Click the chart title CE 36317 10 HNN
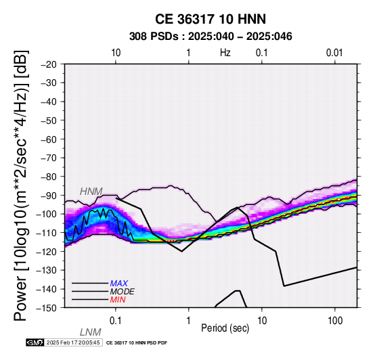click(x=211, y=19)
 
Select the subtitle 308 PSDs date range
click(x=211, y=37)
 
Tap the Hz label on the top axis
click(x=225, y=53)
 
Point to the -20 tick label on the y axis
click(x=49, y=64)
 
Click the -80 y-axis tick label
click(x=49, y=177)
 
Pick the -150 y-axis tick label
click(x=47, y=308)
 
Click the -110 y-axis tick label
click(x=47, y=233)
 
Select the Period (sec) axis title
click(x=225, y=328)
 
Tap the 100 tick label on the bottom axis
click(x=335, y=321)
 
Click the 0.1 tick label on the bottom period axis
click(x=116, y=321)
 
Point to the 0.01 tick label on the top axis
click(x=334, y=53)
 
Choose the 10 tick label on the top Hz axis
click(x=116, y=53)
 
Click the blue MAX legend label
click(x=119, y=284)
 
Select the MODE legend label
click(x=122, y=292)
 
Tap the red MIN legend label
click(x=118, y=300)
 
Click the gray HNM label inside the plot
click(x=91, y=192)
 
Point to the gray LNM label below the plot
click(x=91, y=332)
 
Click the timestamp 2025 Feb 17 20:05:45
click(x=73, y=342)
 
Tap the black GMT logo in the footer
click(x=35, y=342)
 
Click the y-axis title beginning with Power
click(x=21, y=185)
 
